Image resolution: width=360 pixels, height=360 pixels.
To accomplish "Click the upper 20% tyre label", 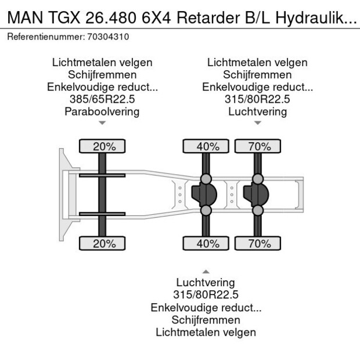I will point(104,146).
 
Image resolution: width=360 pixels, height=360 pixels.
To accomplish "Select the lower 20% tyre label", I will point(104,243).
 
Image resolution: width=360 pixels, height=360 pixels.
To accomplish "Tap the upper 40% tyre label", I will point(207,146).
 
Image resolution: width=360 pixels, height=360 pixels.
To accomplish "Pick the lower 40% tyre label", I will point(207,243).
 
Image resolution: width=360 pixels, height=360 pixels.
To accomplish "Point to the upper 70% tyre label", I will point(259,146).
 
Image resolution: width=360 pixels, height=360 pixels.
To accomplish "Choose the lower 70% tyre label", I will point(259,243).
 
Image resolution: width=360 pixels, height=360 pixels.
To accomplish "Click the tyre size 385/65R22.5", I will point(102,99).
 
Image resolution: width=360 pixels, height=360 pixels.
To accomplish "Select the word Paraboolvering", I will point(102,111).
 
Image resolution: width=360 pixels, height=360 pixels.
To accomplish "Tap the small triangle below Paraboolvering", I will point(102,123).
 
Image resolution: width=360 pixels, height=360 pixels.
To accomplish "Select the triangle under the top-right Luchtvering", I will point(257,123).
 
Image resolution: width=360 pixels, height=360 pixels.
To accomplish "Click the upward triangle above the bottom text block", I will point(206,271).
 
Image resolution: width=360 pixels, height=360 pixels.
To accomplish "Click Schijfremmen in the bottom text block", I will point(206,320).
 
